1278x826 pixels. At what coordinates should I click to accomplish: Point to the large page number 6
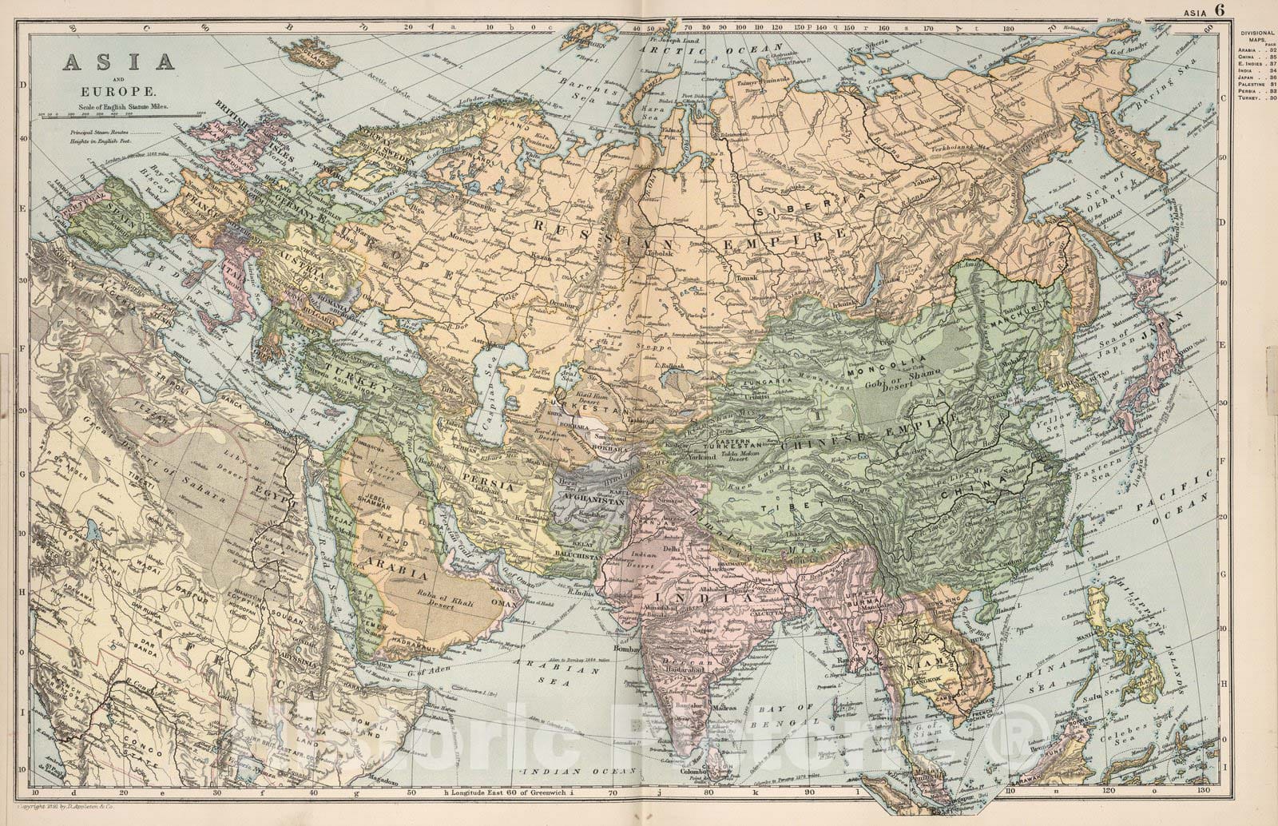(x=1220, y=10)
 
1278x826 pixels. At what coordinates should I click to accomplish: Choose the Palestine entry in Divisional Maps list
(x=1252, y=84)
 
